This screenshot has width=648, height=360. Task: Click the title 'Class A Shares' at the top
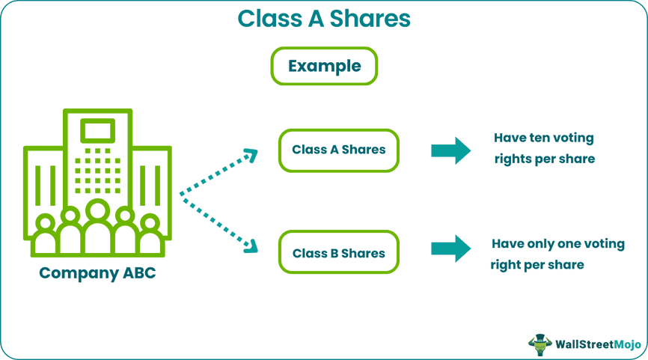coord(323,18)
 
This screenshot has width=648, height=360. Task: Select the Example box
coord(324,67)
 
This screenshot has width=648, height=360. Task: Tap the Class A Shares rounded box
coord(338,150)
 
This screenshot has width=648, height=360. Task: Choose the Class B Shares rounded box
coord(338,253)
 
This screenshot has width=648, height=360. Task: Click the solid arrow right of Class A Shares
coord(450,150)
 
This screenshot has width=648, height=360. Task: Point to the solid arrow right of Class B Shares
coord(450,249)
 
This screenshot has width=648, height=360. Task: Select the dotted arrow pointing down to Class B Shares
coord(218,222)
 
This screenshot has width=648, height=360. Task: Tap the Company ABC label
coord(98,273)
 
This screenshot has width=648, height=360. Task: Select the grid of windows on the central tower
coord(97,171)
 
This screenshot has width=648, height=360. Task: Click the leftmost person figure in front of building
coord(45,236)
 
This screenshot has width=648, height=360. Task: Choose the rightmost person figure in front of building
coord(150,236)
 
